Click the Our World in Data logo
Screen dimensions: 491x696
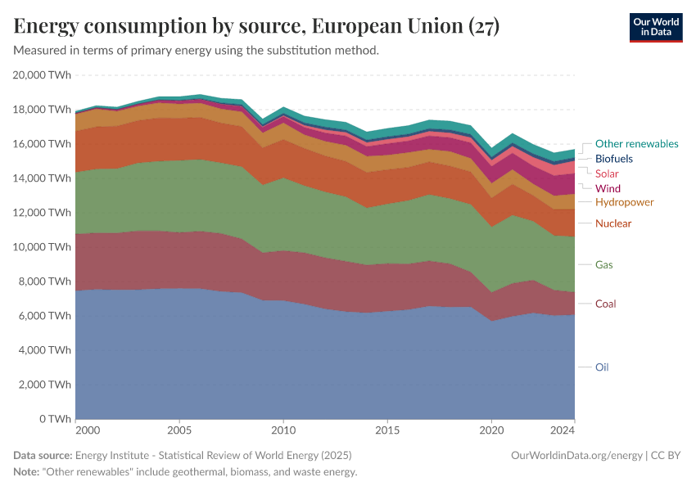click(655, 27)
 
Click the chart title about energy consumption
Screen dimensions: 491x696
click(256, 26)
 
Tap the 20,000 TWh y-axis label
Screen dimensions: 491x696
click(43, 75)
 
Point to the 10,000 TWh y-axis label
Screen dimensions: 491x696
click(43, 247)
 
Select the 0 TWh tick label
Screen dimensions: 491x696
click(55, 419)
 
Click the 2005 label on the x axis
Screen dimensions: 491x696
click(179, 430)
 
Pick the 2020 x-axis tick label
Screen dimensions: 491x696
click(491, 430)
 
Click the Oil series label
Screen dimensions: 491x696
click(602, 367)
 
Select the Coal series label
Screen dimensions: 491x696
click(605, 304)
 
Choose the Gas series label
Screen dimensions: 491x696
click(603, 265)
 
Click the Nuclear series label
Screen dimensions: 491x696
click(613, 223)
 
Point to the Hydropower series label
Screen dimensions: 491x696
click(624, 202)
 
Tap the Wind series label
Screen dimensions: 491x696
click(608, 188)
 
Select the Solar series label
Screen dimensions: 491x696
click(607, 173)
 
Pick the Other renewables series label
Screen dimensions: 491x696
click(636, 144)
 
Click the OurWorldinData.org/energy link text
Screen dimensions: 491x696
click(576, 455)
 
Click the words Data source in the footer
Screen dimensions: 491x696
click(43, 455)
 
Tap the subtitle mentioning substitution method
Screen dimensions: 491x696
click(197, 51)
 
